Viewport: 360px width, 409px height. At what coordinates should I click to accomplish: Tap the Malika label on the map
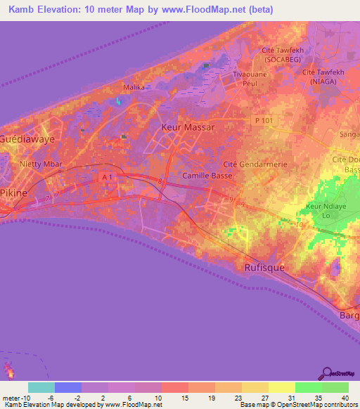133,87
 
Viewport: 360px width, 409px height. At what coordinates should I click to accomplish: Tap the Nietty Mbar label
41,164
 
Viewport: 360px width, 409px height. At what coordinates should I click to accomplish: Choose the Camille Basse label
207,175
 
